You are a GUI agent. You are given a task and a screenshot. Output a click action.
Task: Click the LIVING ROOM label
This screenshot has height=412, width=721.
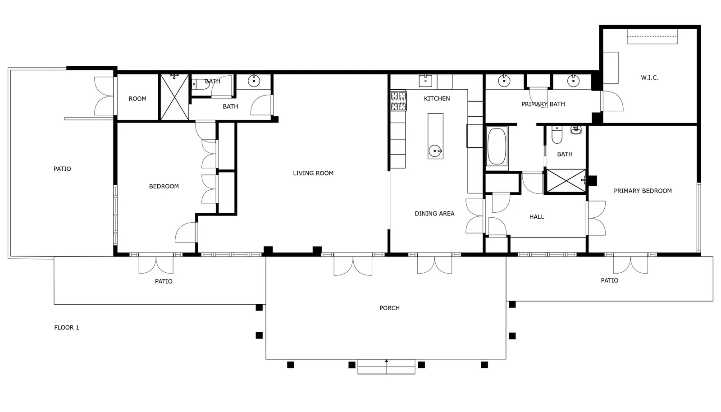coord(313,173)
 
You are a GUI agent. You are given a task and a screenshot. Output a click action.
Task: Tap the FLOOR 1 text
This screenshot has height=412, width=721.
coord(67,328)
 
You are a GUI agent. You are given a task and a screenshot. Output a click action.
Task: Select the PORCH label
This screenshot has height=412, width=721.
coord(389,308)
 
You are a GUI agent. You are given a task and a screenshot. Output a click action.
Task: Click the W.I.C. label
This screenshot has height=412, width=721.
coord(649,78)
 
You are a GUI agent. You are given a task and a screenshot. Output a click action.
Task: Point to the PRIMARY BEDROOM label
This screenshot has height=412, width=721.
coord(643,191)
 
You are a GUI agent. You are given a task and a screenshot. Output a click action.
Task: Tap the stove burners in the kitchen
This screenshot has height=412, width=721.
coord(398,101)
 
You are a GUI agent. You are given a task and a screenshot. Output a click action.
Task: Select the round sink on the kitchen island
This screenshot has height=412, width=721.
coord(435,151)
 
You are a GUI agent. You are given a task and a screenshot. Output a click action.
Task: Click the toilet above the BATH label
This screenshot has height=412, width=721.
coord(557,134)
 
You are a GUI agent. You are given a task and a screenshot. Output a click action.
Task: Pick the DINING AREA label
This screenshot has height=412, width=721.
coord(434,213)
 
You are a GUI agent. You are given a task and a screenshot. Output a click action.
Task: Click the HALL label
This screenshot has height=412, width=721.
coord(537,217)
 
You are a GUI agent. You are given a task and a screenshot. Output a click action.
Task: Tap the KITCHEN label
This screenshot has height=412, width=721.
coord(437,99)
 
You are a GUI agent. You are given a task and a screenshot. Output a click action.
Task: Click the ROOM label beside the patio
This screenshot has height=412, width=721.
coord(137,99)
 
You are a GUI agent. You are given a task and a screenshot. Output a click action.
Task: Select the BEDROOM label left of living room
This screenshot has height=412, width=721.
coord(164,186)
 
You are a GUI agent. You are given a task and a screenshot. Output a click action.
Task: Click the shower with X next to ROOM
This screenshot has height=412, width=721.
coord(174,97)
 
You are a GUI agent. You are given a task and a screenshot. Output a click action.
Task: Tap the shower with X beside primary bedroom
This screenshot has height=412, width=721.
coord(566,181)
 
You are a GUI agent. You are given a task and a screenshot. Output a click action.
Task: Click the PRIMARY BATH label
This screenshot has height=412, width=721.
coord(543,104)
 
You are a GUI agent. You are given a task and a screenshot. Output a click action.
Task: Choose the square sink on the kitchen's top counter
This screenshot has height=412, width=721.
coord(425,81)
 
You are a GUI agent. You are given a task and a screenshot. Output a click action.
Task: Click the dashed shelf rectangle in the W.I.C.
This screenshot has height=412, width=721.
coord(653,37)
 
